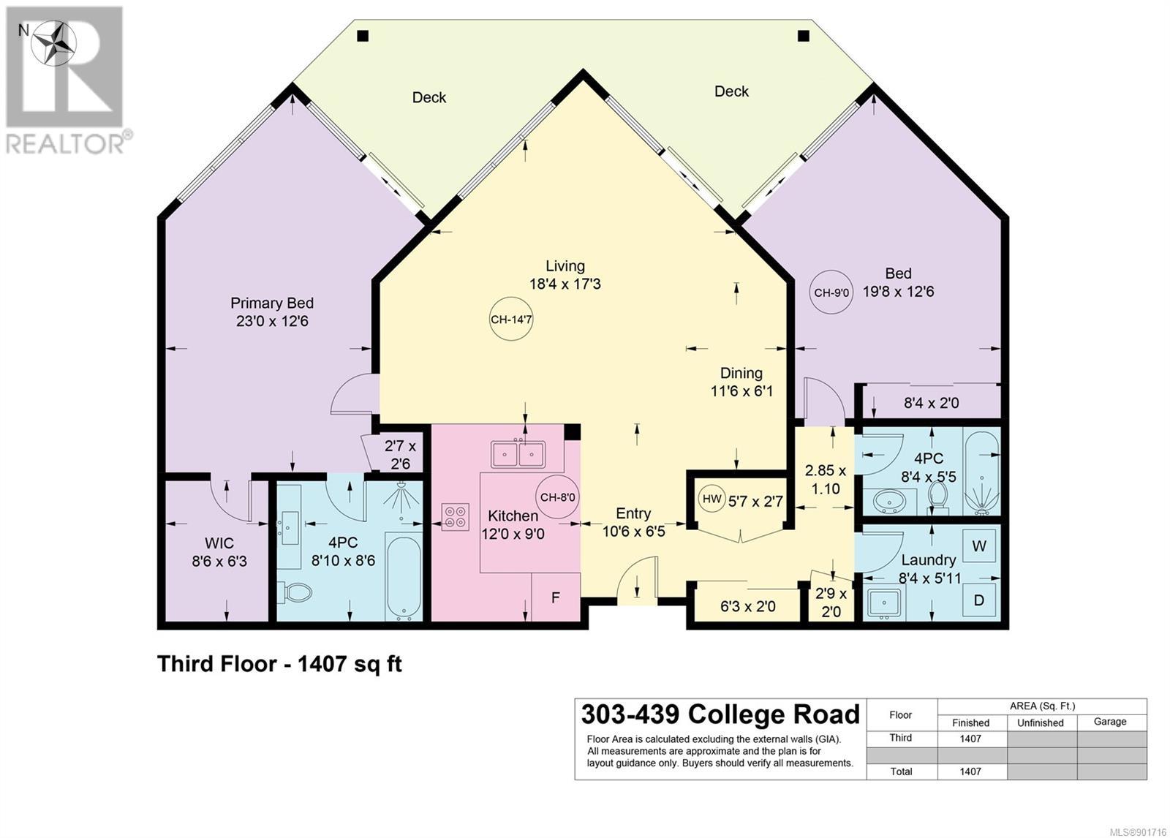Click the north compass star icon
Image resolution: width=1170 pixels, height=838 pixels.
point(54,43)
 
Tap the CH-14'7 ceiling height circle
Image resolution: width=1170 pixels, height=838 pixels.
point(511,320)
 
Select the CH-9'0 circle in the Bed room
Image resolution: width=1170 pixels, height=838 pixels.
point(831,292)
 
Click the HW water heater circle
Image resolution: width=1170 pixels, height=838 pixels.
point(712,499)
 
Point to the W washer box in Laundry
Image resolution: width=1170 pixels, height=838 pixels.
point(979,546)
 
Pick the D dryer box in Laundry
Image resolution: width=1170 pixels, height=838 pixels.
point(979,600)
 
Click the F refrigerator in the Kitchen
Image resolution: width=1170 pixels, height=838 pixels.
point(556,597)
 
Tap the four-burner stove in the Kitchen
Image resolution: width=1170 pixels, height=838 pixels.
point(455,517)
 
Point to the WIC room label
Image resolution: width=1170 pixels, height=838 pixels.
point(219,543)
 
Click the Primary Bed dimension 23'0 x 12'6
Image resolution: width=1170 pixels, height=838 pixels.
point(272,321)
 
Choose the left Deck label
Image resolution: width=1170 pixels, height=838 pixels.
point(429,98)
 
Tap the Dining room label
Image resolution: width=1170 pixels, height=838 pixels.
point(741,373)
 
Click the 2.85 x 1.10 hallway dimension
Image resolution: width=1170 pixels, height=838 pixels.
point(826,480)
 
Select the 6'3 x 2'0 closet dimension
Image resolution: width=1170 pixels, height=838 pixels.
point(748,606)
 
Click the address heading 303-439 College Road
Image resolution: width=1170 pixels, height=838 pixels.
point(721,714)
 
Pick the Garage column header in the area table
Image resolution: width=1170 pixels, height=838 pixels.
point(1110,722)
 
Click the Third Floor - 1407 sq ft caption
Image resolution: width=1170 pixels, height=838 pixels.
point(279,664)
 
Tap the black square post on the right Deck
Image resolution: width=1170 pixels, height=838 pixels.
point(804,36)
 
